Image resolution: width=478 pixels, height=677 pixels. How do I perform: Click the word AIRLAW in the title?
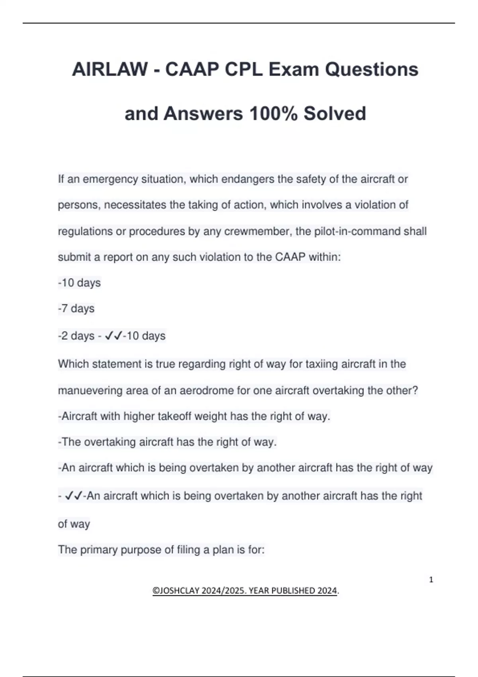[x=110, y=70]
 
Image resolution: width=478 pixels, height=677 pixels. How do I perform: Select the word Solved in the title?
[x=335, y=113]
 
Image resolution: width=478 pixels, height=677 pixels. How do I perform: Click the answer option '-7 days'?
[x=76, y=309]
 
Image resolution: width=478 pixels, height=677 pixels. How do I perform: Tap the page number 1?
[x=431, y=580]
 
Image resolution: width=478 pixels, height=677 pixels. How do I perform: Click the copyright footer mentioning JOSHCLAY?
[x=245, y=591]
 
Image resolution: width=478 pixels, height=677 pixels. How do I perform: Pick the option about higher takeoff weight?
[x=194, y=417]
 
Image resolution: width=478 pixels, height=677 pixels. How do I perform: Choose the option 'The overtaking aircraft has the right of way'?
[x=167, y=442]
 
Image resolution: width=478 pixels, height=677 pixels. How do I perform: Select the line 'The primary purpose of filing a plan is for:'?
[x=161, y=550]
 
